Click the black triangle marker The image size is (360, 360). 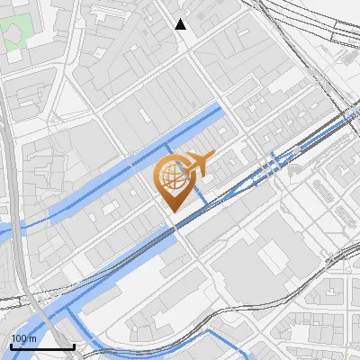(x=181, y=24)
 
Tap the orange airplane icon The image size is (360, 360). (x=199, y=164)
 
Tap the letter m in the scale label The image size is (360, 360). (x=33, y=338)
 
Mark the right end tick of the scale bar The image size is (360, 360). (x=74, y=346)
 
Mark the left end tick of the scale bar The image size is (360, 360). (x=10, y=346)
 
